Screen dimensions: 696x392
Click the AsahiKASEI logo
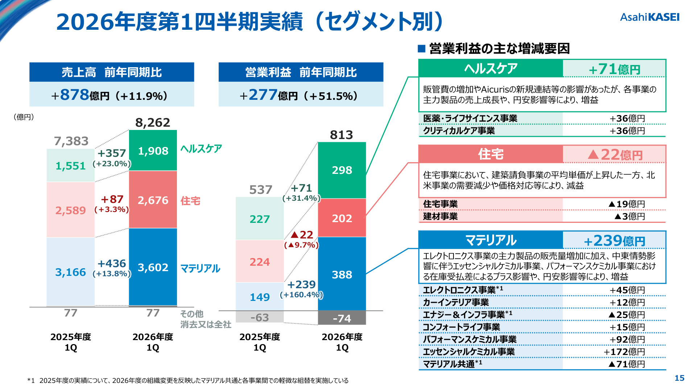pos(650,17)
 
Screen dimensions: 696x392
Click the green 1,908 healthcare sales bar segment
pos(153,150)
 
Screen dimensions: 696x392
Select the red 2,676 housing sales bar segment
pos(153,199)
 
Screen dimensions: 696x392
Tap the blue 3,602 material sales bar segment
pos(153,267)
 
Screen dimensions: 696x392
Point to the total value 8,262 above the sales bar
pos(153,123)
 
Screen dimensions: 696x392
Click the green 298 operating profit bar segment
pos(342,170)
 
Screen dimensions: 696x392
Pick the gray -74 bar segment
pos(342,318)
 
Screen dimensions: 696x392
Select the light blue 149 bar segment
pos(260,297)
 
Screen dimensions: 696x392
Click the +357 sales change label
pos(112,153)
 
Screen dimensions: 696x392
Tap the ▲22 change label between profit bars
pos(302,235)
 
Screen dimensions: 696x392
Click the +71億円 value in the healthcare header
pos(615,69)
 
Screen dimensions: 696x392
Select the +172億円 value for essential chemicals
pos(624,352)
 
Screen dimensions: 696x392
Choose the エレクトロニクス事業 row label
pos(459,290)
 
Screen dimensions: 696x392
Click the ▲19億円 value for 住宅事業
pos(627,204)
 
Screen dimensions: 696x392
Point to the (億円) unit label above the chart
pos(24,117)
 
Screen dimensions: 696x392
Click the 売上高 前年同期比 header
pos(112,72)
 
